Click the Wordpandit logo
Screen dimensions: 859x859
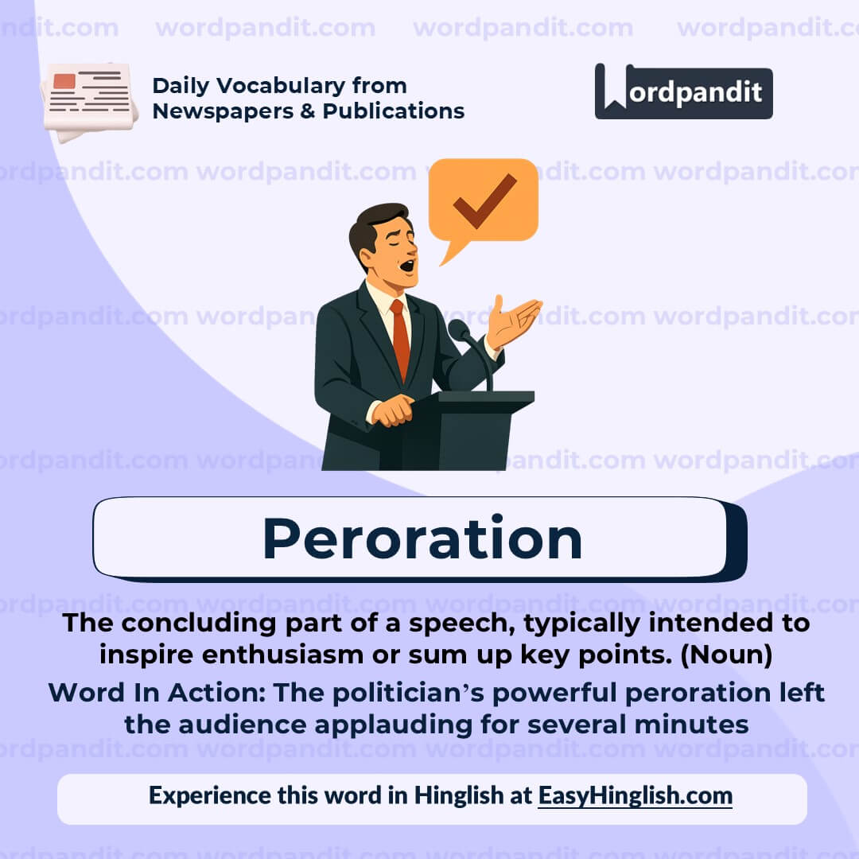pyautogui.click(x=683, y=91)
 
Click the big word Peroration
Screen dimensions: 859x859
pyautogui.click(x=422, y=538)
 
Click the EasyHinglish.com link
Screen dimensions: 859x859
pyautogui.click(x=635, y=795)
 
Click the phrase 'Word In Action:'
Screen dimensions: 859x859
pyautogui.click(x=157, y=693)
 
